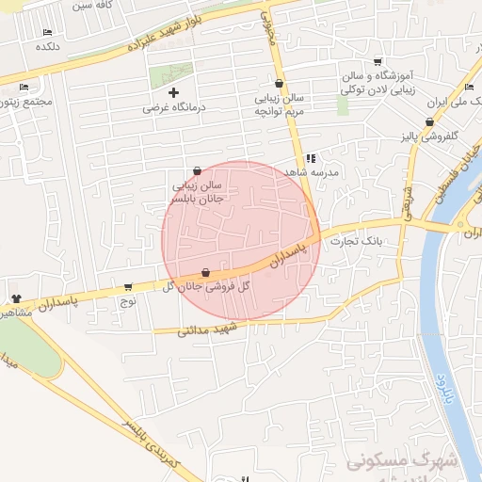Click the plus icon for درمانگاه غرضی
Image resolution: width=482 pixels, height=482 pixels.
tap(173, 92)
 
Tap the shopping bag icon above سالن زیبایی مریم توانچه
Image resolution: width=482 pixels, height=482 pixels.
tap(280, 83)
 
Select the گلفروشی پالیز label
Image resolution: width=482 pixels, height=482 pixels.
tap(425, 137)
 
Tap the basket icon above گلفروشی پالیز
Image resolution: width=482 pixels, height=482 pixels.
tap(429, 121)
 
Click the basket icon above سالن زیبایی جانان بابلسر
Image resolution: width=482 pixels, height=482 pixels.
tap(197, 171)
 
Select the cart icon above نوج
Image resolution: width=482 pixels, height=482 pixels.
tap(127, 286)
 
